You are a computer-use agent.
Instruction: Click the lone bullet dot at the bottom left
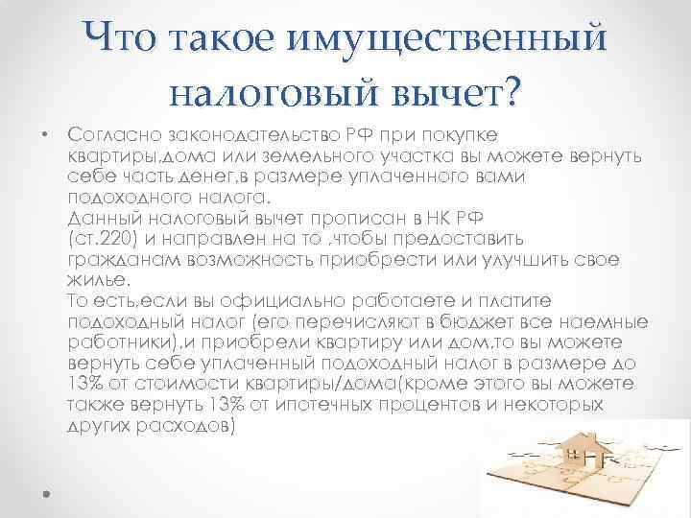click(x=45, y=492)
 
